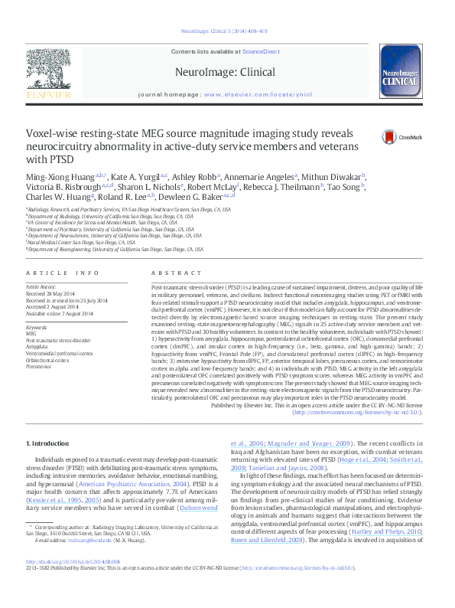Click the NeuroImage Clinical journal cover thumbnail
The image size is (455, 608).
click(x=400, y=74)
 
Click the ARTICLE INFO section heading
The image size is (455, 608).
click(x=63, y=273)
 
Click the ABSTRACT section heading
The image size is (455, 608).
click(x=166, y=273)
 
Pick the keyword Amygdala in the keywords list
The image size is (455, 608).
click(x=37, y=347)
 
